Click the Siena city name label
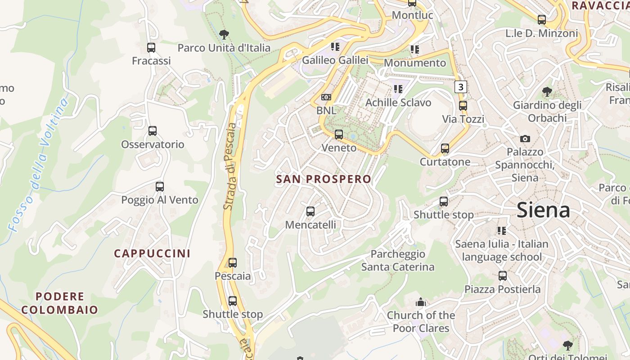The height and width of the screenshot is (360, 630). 543,210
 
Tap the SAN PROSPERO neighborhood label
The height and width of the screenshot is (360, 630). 324,179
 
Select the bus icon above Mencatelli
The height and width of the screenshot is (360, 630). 310,211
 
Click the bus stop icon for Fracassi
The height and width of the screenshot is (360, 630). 151,48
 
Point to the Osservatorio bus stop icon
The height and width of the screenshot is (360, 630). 153,131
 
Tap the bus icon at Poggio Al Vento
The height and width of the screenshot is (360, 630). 159,186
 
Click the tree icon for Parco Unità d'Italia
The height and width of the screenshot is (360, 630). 224,35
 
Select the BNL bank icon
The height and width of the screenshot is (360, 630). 326,97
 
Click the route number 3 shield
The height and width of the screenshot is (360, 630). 460,86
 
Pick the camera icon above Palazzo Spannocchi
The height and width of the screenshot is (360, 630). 525,139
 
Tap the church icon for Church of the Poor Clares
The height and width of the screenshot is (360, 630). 421,302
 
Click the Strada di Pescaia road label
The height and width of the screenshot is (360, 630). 230,166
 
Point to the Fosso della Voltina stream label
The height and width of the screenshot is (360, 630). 40,164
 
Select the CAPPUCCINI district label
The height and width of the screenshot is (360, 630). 152,253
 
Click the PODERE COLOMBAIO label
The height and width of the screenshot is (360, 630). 59,303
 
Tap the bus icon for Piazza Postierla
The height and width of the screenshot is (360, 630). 502,276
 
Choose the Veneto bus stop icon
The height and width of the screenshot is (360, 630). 339,135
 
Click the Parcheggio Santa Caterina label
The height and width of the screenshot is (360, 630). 398,261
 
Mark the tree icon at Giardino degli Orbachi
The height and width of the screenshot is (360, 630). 547,92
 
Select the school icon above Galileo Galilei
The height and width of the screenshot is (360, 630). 335,47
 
